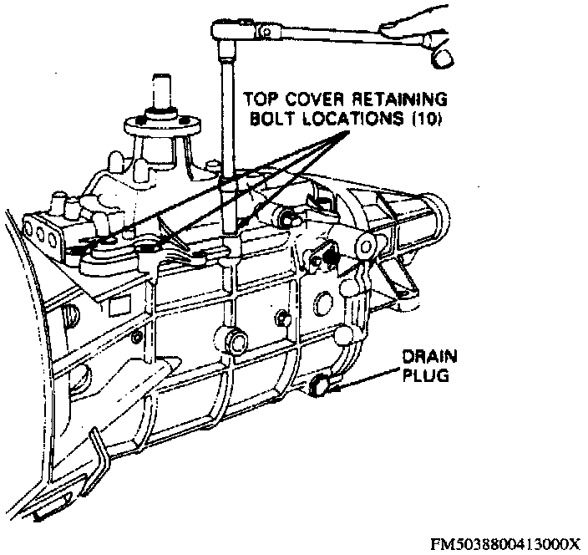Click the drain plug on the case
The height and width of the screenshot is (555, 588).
tap(318, 385)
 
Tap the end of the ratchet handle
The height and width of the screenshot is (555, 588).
tap(440, 55)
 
